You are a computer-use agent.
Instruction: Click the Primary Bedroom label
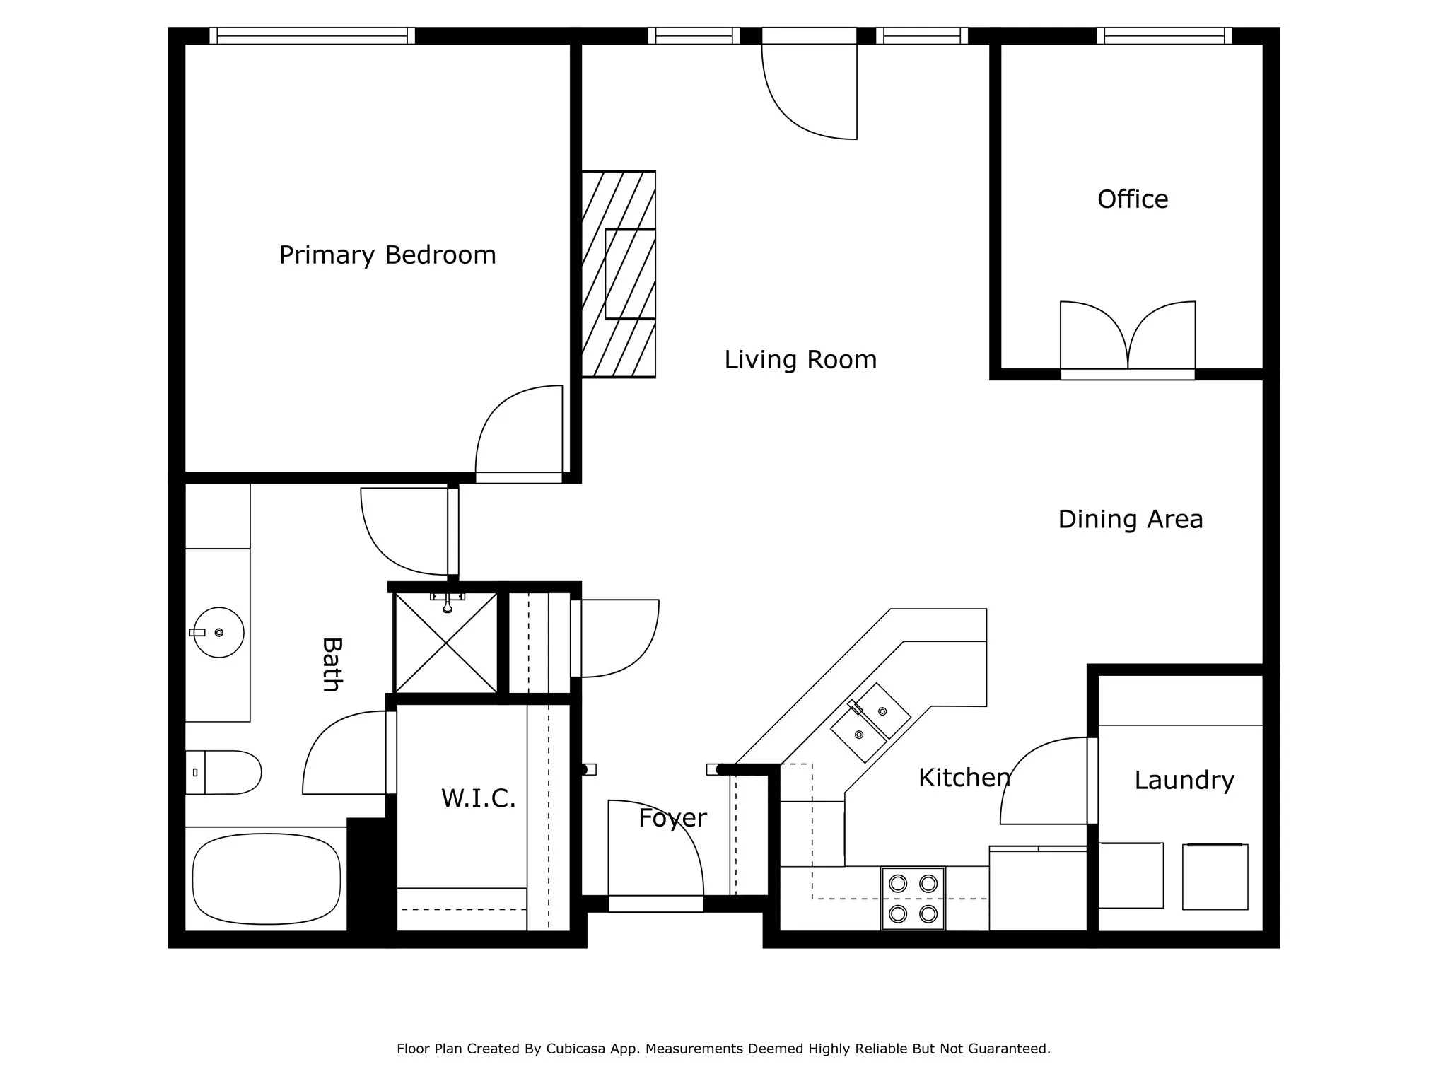click(387, 255)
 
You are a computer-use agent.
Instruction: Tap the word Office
click(1133, 199)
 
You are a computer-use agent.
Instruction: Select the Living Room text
click(800, 360)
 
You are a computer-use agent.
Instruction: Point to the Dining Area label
click(1130, 520)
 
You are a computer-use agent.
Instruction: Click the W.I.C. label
click(478, 798)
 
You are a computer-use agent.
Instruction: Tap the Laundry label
click(1184, 781)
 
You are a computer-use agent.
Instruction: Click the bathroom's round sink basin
click(218, 632)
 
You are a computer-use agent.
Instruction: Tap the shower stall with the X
click(445, 643)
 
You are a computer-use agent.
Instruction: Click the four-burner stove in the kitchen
click(913, 898)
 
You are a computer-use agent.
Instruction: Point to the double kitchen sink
click(870, 722)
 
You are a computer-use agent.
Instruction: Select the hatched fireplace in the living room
click(618, 274)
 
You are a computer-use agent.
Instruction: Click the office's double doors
click(1127, 339)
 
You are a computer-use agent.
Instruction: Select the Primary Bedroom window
click(312, 36)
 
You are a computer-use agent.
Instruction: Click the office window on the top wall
click(1164, 36)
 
